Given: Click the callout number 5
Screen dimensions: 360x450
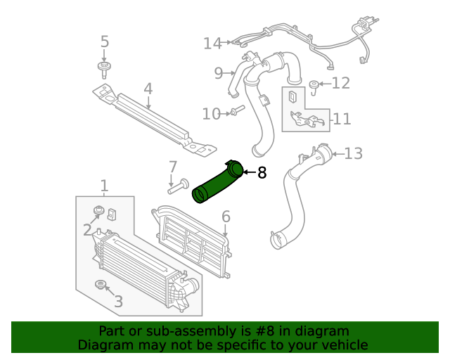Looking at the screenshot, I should pos(105,42).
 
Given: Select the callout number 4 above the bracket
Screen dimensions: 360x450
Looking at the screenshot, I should pos(148,89).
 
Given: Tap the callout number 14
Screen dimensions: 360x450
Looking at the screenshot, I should pos(212,44).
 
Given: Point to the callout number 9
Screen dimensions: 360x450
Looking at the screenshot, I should pos(219,72).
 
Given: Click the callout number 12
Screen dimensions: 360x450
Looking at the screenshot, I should pos(340,84).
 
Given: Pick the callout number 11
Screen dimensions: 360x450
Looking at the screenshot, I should pos(342,119).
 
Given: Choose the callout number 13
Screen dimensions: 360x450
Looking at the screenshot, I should pos(353,153).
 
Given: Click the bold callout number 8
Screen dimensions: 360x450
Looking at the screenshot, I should pos(262,172).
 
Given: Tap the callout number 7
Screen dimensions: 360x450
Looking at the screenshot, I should pos(172,167).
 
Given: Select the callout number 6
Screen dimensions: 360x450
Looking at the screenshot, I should pos(226,217).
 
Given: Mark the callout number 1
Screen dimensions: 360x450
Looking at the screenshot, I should pos(104,186).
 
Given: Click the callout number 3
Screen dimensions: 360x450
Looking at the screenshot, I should pos(118,302).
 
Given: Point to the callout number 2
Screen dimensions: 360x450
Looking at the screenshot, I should pos(87,229).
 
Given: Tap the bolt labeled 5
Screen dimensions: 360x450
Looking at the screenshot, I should pos(105,69).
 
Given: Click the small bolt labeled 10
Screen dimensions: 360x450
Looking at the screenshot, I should pos(236,111).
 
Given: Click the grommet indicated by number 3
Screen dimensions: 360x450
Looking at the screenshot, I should pos(101,285).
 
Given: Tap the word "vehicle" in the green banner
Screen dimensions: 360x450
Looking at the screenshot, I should pos(341,345).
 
